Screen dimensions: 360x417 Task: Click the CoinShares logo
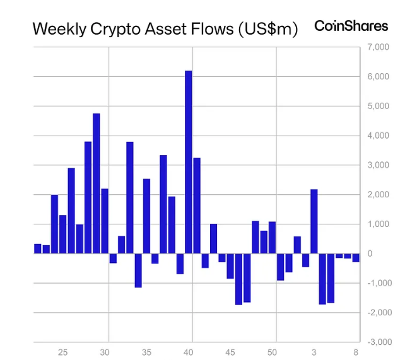[351, 26]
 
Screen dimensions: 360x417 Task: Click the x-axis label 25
[62, 352]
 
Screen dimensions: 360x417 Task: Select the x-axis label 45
[230, 352]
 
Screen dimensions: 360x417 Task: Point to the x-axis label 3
[314, 352]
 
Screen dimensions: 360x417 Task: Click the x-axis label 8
[356, 352]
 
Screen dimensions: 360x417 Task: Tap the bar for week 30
[113, 258]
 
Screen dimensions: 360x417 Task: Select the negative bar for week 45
[230, 266]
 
